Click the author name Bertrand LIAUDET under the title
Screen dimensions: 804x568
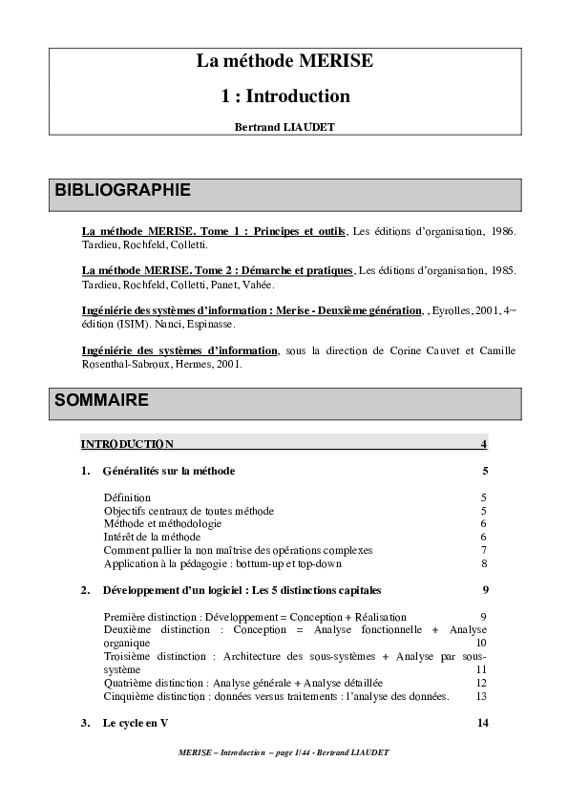coord(284,126)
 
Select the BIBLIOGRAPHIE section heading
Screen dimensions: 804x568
coord(123,190)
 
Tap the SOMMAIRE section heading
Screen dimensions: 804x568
coord(102,400)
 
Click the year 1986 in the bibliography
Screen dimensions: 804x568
coord(503,232)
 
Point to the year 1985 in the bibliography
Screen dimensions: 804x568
coord(503,271)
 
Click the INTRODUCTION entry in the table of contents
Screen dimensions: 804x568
coord(127,444)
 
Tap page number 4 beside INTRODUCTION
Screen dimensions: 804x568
coord(484,444)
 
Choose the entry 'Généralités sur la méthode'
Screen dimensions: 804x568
coord(168,471)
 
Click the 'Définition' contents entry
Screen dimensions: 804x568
coord(127,497)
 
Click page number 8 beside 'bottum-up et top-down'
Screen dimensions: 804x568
coord(484,563)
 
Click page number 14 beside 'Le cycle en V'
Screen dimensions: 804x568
coord(482,723)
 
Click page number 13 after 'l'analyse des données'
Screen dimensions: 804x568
coord(481,696)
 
